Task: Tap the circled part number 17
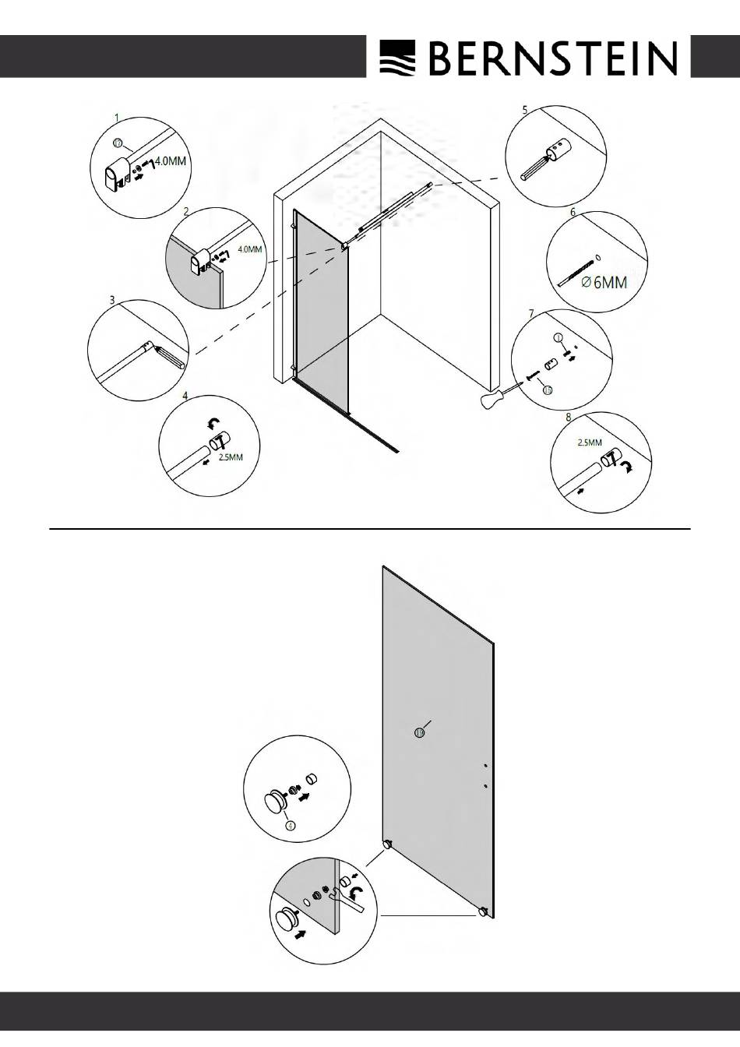pos(118,143)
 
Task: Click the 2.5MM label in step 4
pos(231,457)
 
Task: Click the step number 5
pos(525,110)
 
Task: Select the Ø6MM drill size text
pos(604,284)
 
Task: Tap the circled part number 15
pos(548,390)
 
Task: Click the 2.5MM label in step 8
pos(590,442)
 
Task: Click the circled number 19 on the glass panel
pos(420,731)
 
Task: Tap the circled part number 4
pos(290,825)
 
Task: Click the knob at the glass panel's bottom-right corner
pos(483,911)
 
